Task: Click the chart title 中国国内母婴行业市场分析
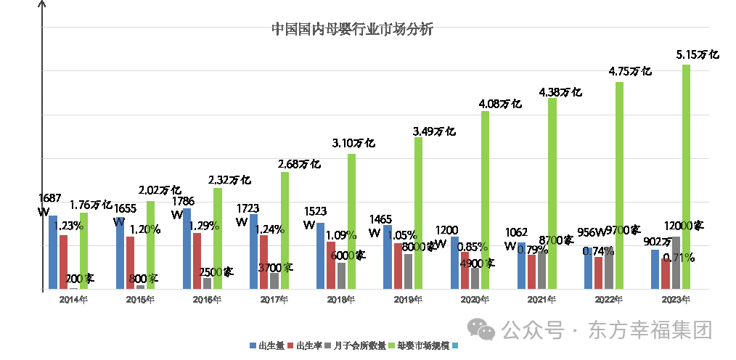(352, 30)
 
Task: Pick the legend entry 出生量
(268, 345)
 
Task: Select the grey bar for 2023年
(676, 263)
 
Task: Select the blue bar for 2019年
(388, 257)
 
